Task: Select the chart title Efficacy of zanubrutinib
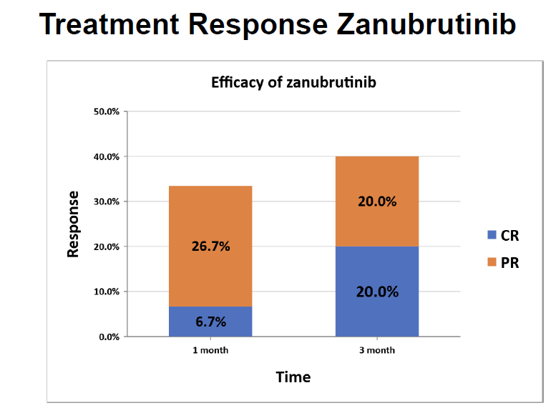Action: pos(293,82)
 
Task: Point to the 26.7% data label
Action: pos(210,247)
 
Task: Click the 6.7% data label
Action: pos(210,322)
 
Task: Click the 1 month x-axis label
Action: pos(210,350)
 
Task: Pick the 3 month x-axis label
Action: pos(377,350)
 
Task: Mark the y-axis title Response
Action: pos(73,224)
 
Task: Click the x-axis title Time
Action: pos(293,377)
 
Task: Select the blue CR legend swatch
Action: pos(491,235)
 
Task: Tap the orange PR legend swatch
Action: pos(491,262)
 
